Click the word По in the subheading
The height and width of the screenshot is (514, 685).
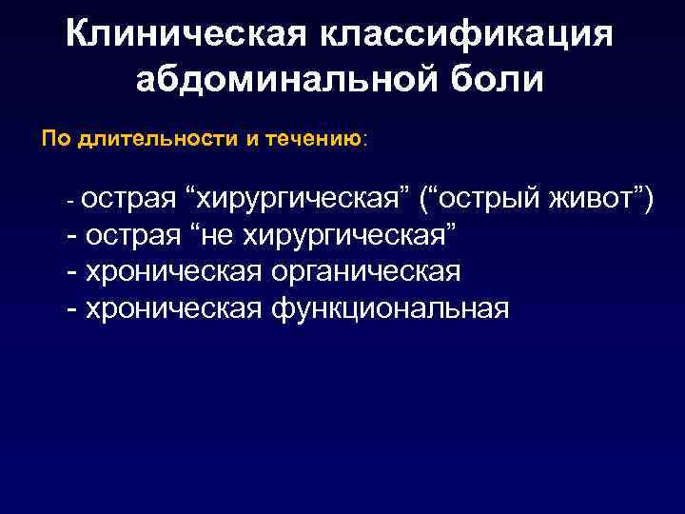tap(56, 139)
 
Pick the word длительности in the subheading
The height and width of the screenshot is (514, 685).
tap(152, 139)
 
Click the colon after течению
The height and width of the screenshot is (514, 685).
tap(365, 140)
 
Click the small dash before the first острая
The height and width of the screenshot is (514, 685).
tap(69, 203)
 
